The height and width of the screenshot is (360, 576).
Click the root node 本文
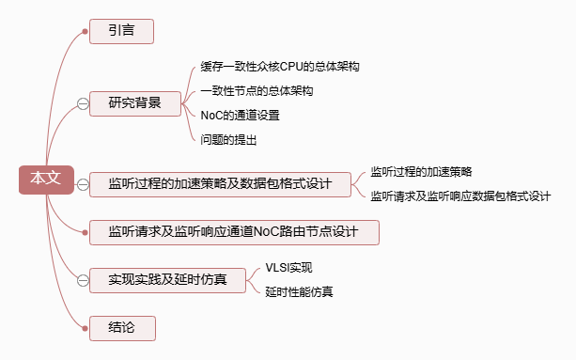point(46,180)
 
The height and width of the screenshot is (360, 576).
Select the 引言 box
point(121,31)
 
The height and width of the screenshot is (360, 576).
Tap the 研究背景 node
point(135,104)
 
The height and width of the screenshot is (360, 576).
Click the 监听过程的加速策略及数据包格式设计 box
point(220,184)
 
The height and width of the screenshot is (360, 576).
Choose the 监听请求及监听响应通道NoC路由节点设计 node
point(234,232)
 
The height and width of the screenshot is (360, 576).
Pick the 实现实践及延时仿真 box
point(167,280)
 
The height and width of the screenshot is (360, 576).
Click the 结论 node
point(122,328)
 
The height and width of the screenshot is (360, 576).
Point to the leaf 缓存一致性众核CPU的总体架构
point(280,67)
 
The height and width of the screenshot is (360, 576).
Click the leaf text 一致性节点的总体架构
point(257,91)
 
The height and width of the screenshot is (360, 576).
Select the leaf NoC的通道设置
point(240,116)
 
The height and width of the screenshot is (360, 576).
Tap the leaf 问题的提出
point(228,140)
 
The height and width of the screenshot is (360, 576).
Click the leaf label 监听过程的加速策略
point(421,172)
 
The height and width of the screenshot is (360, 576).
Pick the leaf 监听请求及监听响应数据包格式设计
point(460,196)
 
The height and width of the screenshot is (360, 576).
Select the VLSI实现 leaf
point(288,268)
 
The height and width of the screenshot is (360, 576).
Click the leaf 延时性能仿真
point(299,292)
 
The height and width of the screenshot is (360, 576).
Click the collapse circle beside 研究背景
point(83,104)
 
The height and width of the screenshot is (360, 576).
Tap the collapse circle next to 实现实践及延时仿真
point(83,281)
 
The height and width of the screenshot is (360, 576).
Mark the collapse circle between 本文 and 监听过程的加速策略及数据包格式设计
point(83,184)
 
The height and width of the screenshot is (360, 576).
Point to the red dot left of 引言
point(85,32)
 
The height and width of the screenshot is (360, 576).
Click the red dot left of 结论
point(85,328)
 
